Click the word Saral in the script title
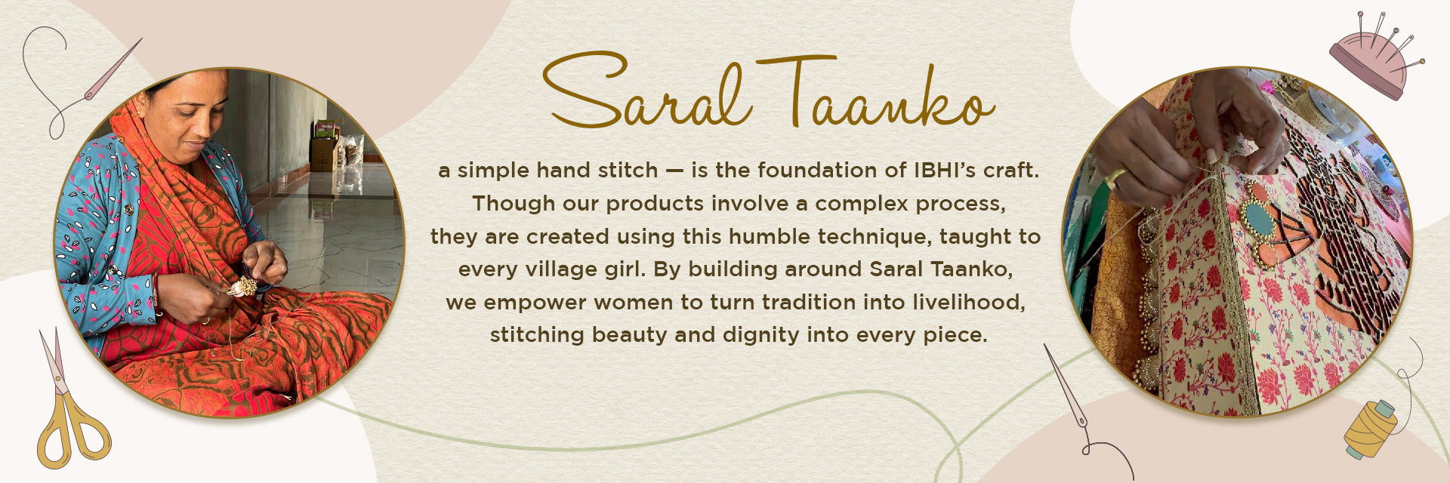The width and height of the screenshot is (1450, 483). (648, 91)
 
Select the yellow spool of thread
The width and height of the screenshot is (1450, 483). (1370, 429)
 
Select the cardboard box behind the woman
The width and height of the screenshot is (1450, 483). (324, 154)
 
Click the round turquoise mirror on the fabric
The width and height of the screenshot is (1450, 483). (1259, 218)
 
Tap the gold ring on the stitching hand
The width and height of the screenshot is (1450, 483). (1112, 178)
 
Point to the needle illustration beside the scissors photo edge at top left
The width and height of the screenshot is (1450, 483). (113, 69)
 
